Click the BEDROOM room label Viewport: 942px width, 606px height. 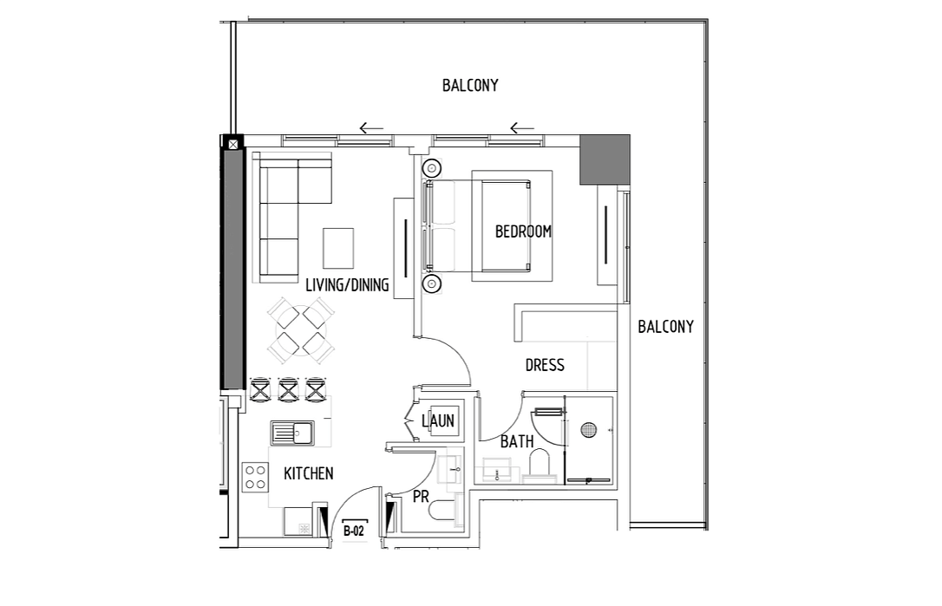[523, 231]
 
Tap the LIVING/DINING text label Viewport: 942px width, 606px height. [347, 284]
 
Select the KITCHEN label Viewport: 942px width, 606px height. [308, 473]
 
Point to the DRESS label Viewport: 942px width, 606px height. [545, 365]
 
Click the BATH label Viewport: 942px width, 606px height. [517, 441]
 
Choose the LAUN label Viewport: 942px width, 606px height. [438, 421]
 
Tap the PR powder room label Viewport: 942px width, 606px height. [422, 497]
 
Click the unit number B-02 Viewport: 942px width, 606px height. [354, 531]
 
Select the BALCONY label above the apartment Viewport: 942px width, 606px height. [470, 85]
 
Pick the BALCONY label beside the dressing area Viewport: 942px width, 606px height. [665, 327]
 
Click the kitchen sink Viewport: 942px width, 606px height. [292, 433]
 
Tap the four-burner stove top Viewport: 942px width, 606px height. [255, 478]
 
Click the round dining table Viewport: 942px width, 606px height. [301, 330]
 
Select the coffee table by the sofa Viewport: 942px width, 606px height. [338, 248]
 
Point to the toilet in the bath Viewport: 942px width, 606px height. [540, 465]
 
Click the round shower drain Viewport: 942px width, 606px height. [589, 430]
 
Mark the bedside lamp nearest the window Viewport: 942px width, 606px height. [432, 168]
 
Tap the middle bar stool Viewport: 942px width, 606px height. [288, 389]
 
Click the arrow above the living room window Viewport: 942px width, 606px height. [371, 128]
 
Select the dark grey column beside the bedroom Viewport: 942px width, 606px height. [605, 160]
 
